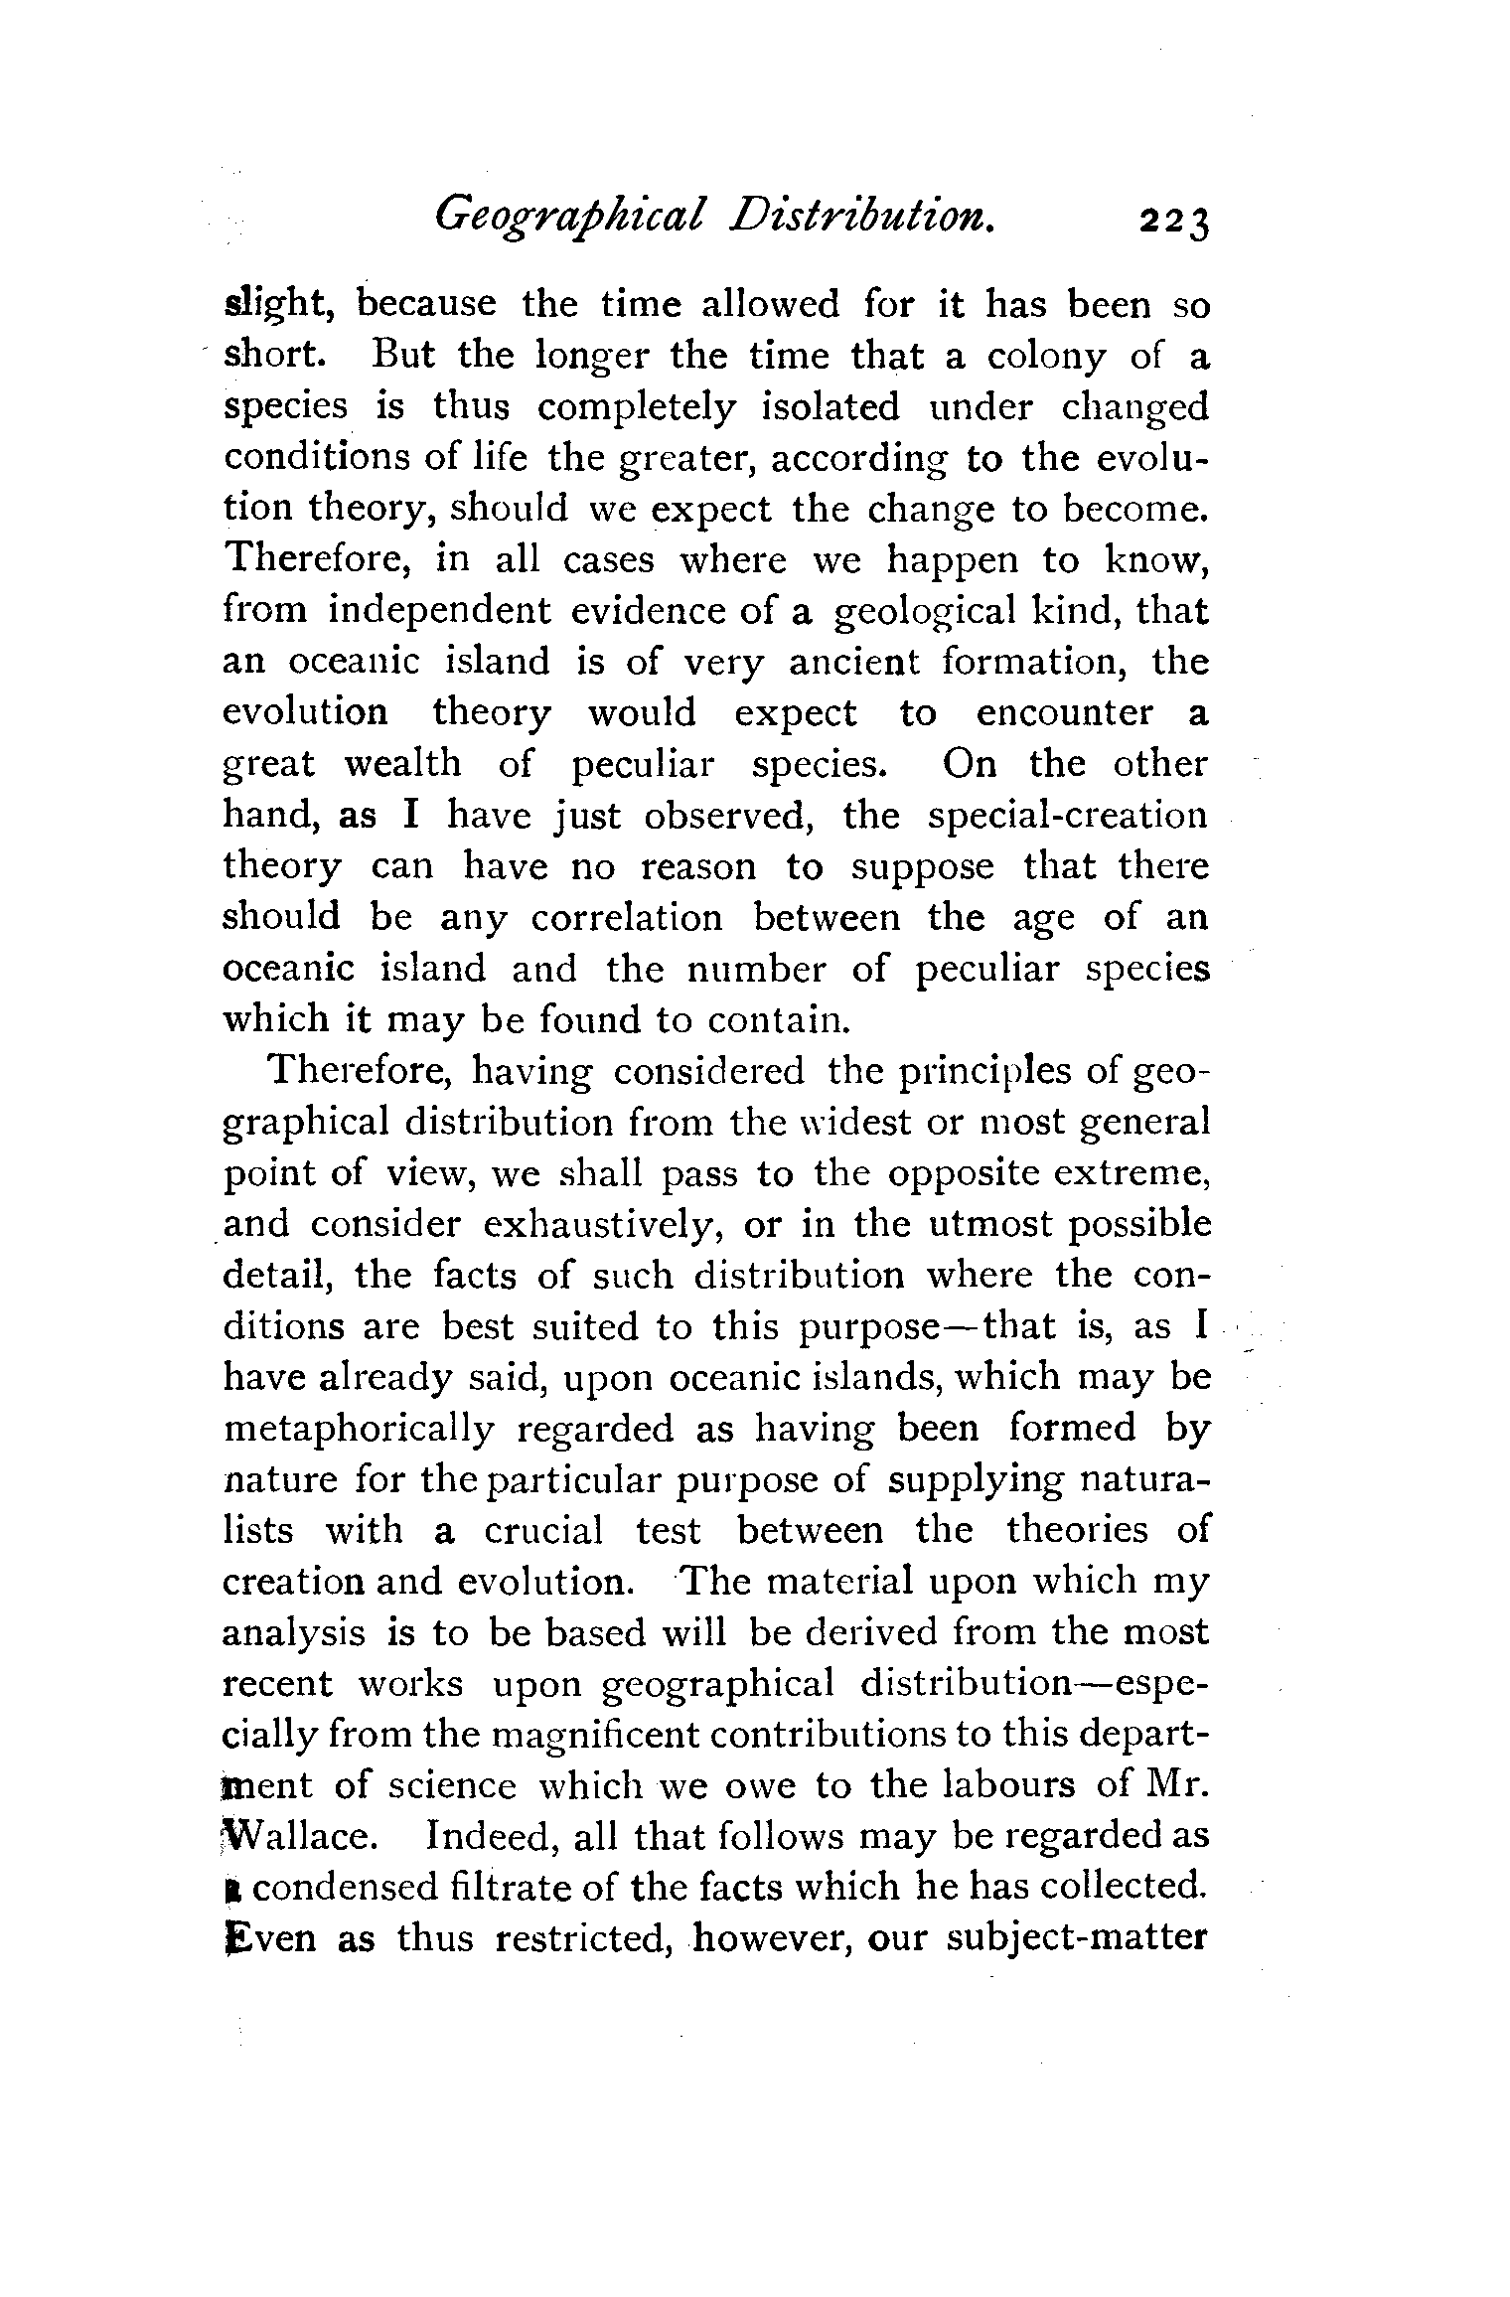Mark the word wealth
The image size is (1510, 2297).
[x=402, y=764]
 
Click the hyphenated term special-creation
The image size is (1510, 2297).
[x=1068, y=816]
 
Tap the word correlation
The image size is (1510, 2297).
[x=627, y=918]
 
